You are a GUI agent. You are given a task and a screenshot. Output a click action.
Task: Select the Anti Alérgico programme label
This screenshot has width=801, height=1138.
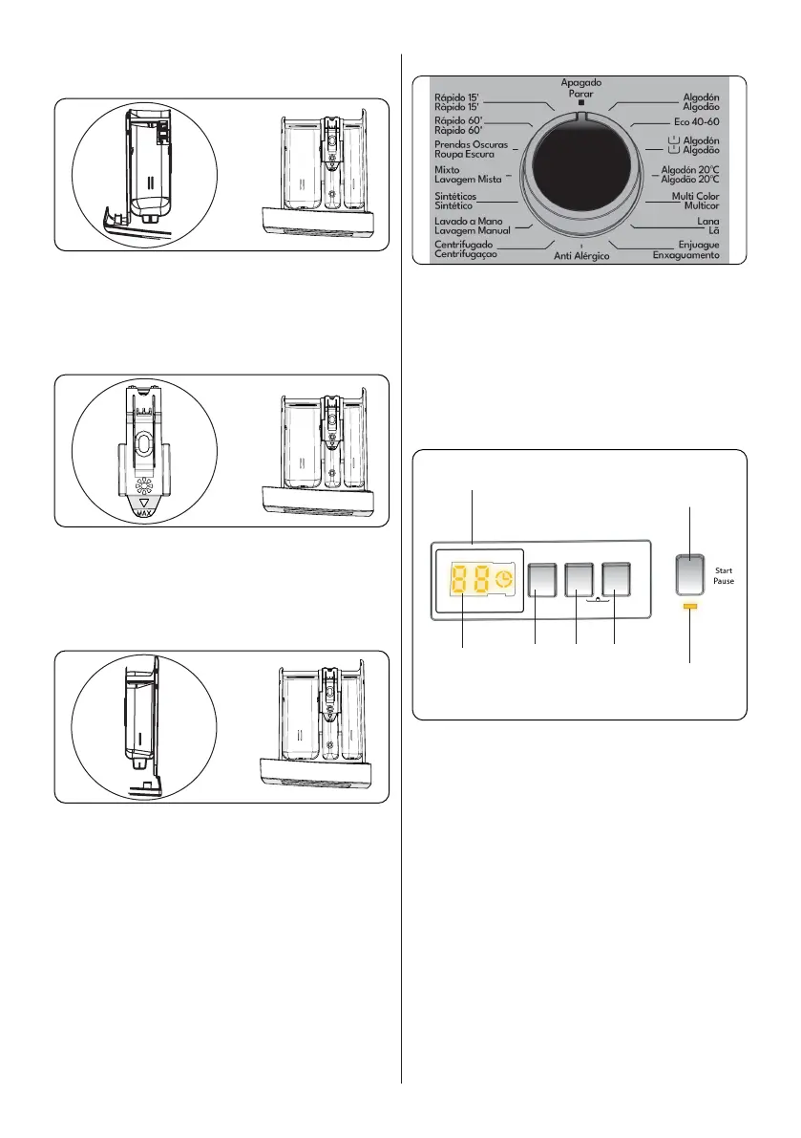point(581,257)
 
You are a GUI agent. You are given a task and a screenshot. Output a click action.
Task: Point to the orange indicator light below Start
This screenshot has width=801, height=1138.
point(691,607)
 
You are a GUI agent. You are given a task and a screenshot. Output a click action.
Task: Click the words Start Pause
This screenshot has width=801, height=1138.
point(724,575)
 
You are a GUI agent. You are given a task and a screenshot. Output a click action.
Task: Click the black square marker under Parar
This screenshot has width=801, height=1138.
point(581,102)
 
